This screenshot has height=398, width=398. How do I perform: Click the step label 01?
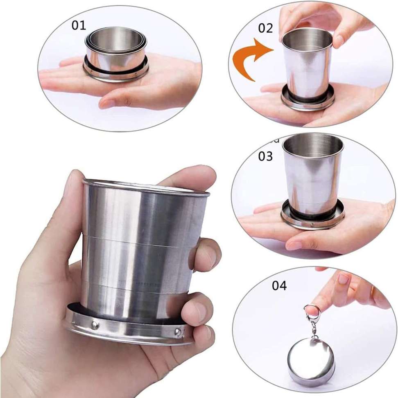[79, 25]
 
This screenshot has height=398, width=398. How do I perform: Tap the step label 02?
[265, 28]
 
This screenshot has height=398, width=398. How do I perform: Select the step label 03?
[265, 156]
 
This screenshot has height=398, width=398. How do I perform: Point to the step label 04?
[279, 285]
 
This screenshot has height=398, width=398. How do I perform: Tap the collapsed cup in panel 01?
[116, 54]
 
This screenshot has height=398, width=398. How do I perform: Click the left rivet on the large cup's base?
[95, 324]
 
